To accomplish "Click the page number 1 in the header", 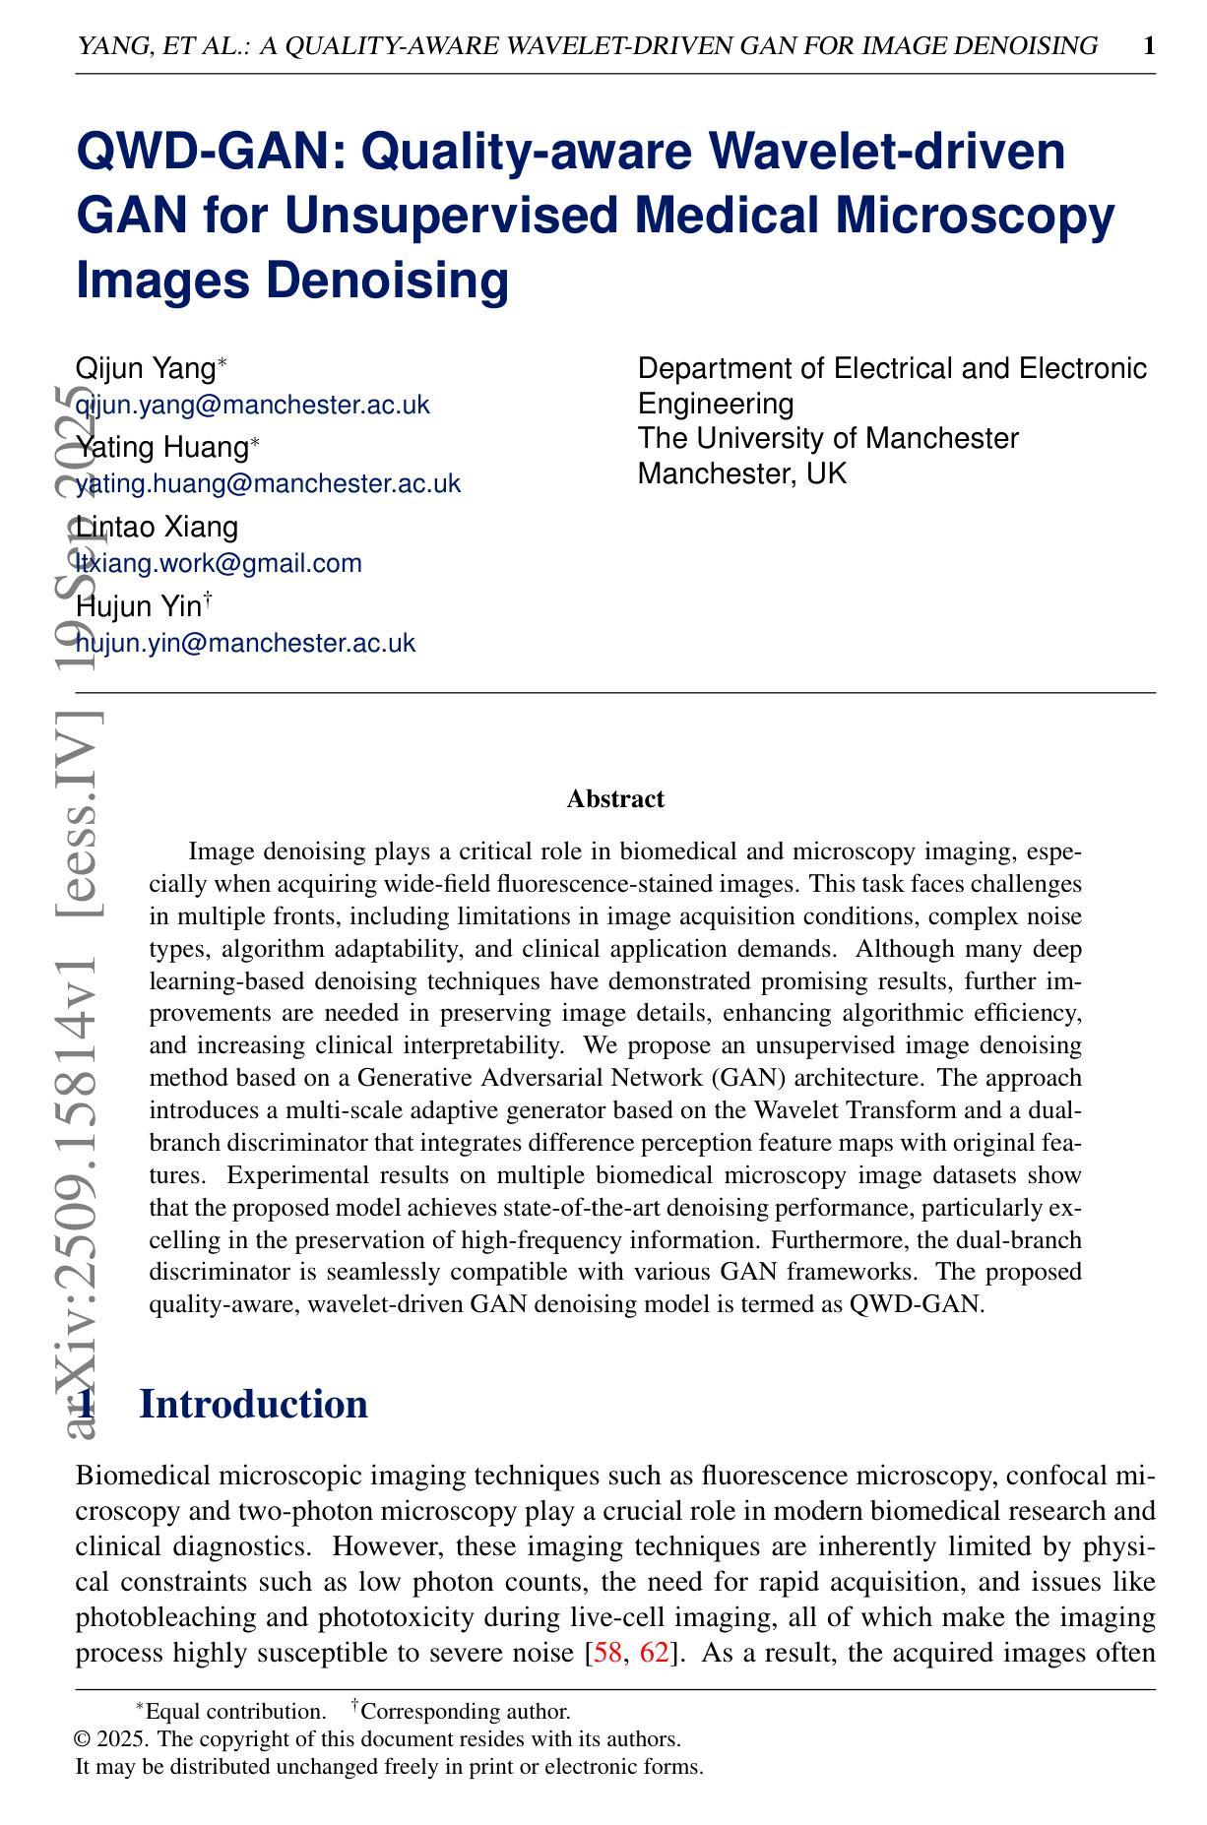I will (x=1148, y=46).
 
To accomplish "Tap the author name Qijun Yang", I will (x=146, y=368).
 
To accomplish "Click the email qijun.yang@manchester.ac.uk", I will (x=252, y=405).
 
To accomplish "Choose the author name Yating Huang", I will (x=161, y=447).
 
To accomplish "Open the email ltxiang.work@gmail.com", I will (x=219, y=563).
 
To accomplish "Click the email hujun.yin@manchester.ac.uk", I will (x=245, y=643).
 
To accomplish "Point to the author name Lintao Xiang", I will (x=157, y=527).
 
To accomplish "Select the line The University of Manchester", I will (x=828, y=438).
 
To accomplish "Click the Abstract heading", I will (x=615, y=799).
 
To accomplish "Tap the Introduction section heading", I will (x=253, y=1404).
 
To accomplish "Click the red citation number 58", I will (x=606, y=1652).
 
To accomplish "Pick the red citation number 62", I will (x=655, y=1652).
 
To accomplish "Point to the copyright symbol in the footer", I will (x=83, y=1739).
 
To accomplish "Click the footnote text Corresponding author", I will (x=467, y=1712).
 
